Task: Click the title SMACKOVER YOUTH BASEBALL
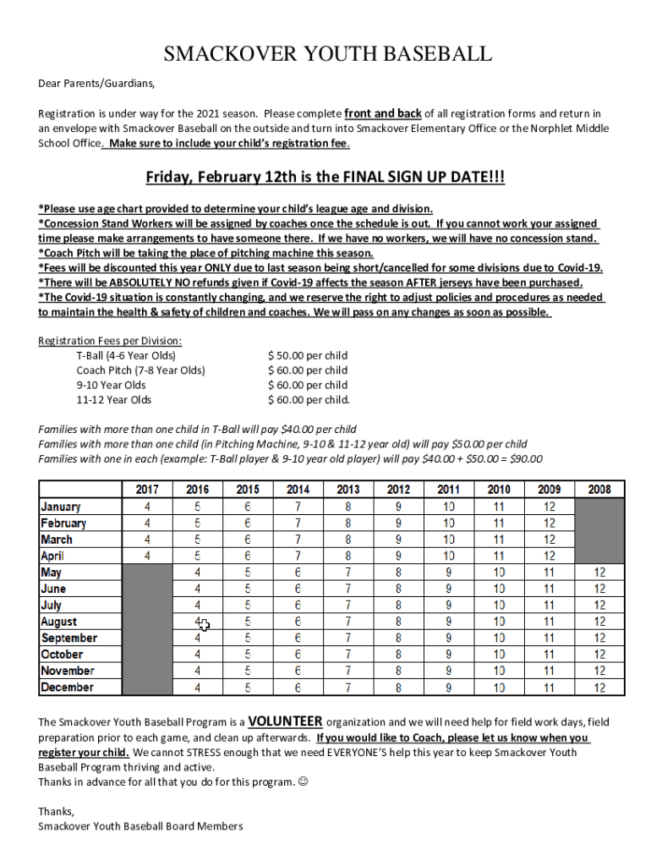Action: pos(326,56)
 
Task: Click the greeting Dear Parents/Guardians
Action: pos(97,84)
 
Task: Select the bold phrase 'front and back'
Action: pos(383,113)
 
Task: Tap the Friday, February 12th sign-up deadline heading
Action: pos(325,178)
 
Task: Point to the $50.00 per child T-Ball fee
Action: pos(308,355)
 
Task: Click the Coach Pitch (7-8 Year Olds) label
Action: pos(140,370)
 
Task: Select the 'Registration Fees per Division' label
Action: pos(110,341)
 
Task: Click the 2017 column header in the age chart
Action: pos(147,490)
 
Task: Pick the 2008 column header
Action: pos(599,490)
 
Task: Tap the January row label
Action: pos(61,507)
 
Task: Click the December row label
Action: pos(67,688)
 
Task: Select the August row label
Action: pos(58,622)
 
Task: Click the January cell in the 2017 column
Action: pos(147,507)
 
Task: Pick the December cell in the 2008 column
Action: pos(599,688)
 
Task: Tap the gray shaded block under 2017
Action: pos(147,630)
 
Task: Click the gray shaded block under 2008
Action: pos(599,531)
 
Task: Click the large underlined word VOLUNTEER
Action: pos(285,721)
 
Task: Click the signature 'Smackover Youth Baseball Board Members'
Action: pos(140,826)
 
